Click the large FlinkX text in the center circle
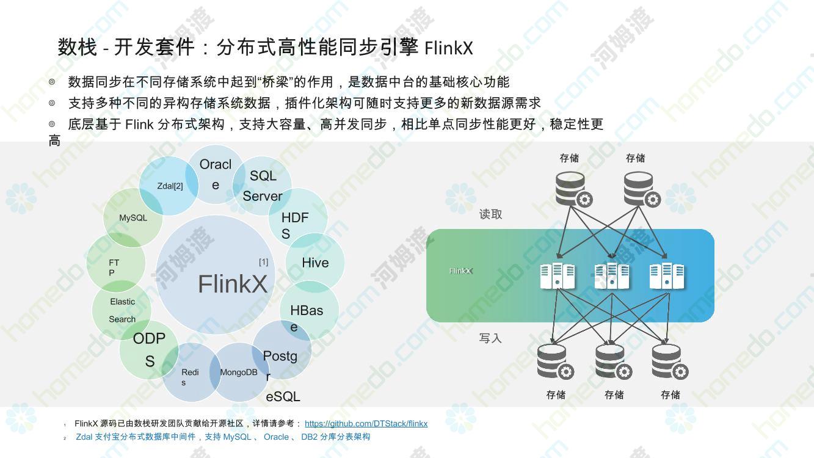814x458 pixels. [x=233, y=283]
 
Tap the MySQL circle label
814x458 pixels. [x=133, y=218]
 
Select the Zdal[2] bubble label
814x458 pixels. [x=170, y=186]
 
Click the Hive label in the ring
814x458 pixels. [x=315, y=263]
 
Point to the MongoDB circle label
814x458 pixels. [x=239, y=373]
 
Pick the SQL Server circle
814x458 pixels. [x=262, y=186]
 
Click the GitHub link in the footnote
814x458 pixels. [x=366, y=423]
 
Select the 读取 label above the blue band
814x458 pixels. [x=490, y=214]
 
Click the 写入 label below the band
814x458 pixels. [x=490, y=338]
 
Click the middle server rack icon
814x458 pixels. [x=612, y=276]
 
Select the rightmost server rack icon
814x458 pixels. [x=667, y=276]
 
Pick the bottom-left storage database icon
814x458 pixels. [x=556, y=362]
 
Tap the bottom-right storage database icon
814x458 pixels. [x=670, y=362]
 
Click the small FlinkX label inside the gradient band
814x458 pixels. [x=461, y=271]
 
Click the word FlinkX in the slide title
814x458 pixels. [x=448, y=48]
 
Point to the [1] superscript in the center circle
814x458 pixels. [x=263, y=262]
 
